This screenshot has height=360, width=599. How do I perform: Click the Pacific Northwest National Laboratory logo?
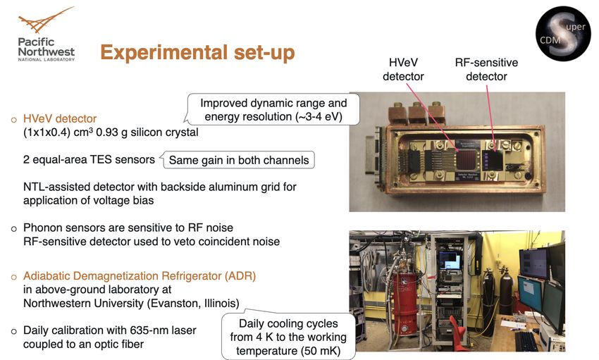coord(47,34)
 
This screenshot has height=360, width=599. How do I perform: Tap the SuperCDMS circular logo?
coord(563,34)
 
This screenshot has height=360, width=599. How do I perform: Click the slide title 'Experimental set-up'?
coord(197,53)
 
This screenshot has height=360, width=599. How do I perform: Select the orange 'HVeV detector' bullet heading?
coord(60,119)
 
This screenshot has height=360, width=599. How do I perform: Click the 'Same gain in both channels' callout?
coord(238,160)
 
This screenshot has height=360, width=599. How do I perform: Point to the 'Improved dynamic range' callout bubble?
coord(273,110)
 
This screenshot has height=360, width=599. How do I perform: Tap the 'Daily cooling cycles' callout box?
coord(288,336)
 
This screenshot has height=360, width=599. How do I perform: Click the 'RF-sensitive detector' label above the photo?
coord(486,70)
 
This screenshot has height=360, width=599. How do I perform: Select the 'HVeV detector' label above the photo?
coord(403,70)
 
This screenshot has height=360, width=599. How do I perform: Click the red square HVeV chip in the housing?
coord(466,160)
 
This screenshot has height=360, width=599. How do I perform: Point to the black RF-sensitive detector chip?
coord(492,161)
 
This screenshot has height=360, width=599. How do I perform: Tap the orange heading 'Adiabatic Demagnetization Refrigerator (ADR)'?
coord(140,276)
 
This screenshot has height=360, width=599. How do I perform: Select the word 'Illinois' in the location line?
coord(221,304)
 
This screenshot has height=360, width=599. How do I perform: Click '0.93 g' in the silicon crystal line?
coord(112,132)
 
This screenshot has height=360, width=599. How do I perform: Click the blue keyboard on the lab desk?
coord(530,340)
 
